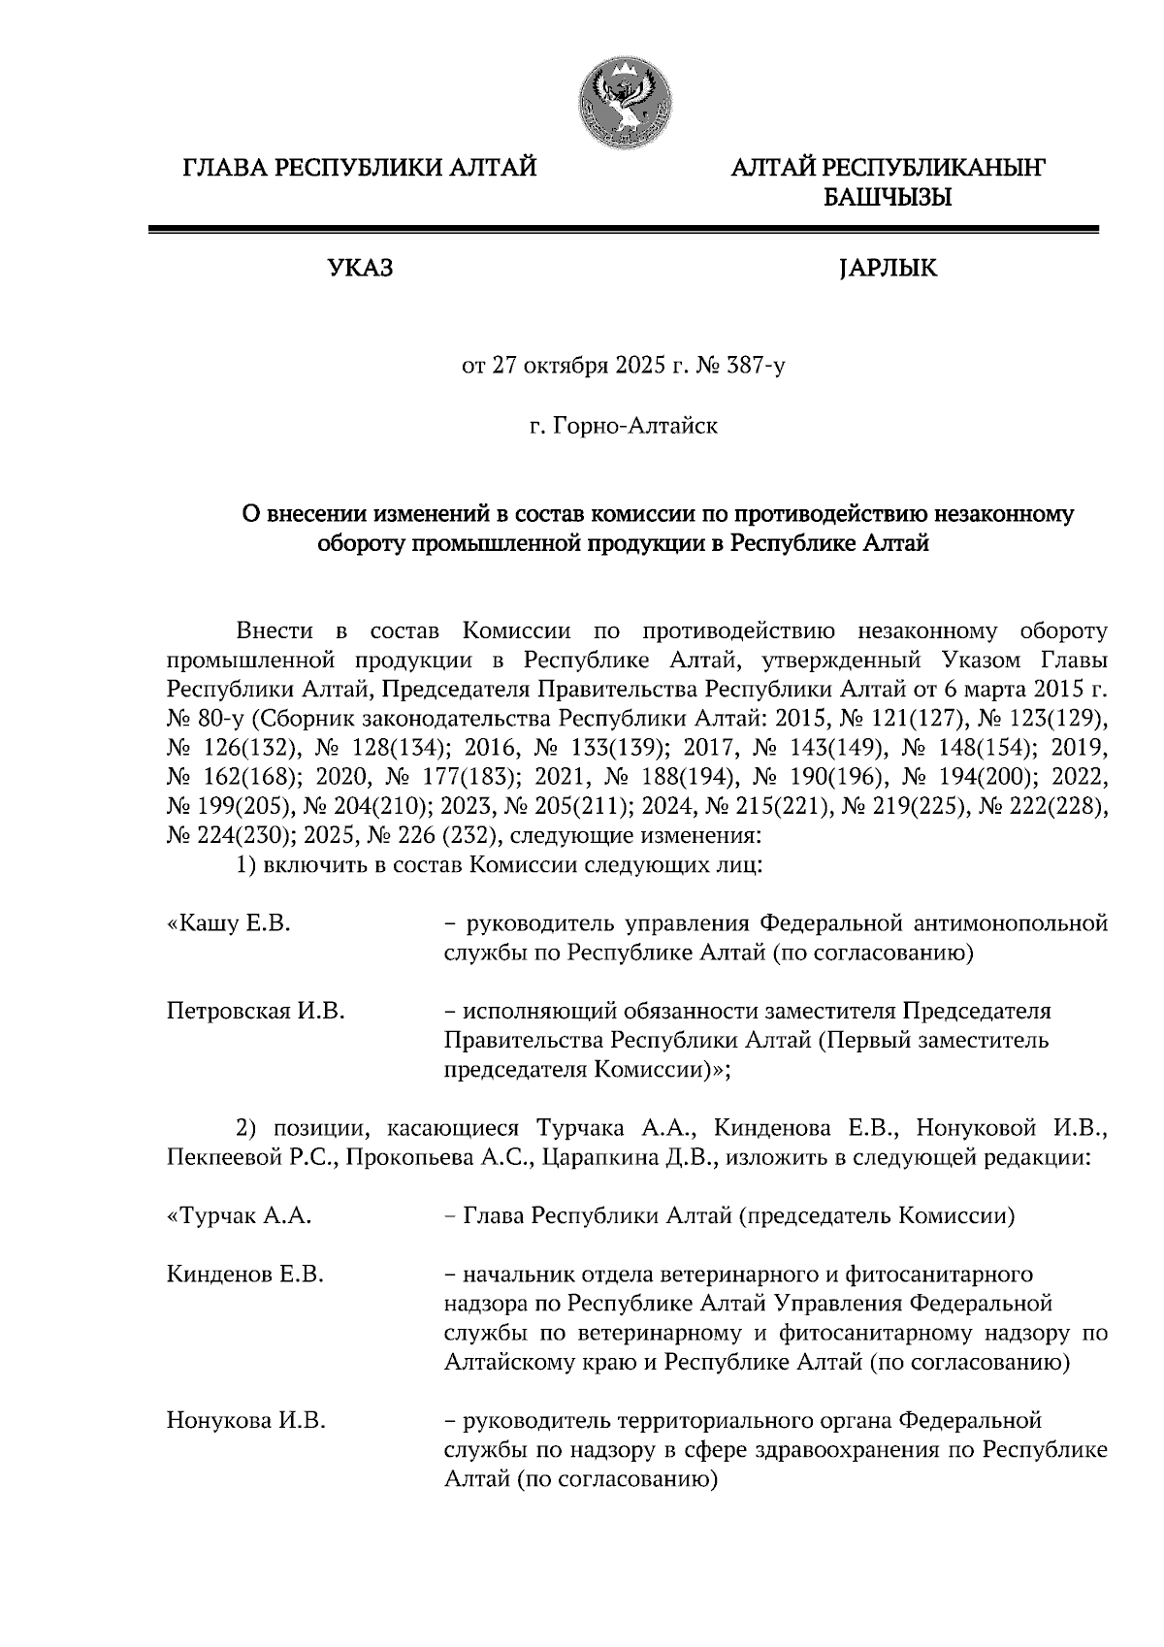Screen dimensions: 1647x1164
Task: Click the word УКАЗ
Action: point(361,269)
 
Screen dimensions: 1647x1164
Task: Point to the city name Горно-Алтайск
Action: point(635,425)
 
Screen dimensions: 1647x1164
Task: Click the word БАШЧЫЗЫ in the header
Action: point(887,199)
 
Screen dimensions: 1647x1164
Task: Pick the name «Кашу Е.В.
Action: point(229,923)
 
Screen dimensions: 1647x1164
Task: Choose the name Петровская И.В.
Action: point(256,1011)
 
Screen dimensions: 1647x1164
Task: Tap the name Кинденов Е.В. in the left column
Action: point(244,1274)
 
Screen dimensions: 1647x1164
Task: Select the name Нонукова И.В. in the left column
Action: point(245,1422)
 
